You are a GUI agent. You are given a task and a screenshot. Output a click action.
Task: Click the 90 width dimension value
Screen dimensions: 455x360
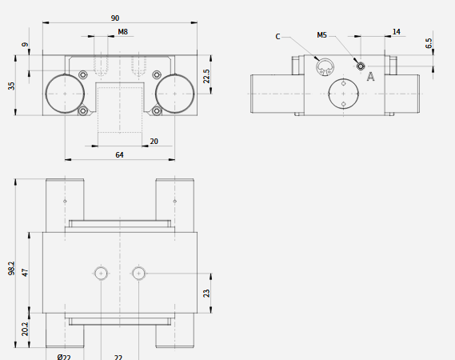tap(115, 18)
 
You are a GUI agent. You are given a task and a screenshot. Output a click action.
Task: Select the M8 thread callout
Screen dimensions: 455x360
tap(122, 32)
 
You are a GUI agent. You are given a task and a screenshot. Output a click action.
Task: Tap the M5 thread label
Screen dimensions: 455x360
tap(321, 35)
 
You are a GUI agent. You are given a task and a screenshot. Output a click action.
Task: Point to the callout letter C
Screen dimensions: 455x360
tap(277, 37)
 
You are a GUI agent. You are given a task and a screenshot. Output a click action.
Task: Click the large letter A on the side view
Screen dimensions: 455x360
tap(370, 77)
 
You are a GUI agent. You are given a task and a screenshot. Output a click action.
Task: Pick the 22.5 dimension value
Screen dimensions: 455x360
tap(206, 76)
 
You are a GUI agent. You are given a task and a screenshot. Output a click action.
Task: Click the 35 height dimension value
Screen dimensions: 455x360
tap(11, 86)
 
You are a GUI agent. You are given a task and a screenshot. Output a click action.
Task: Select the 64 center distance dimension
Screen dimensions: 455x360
tap(119, 155)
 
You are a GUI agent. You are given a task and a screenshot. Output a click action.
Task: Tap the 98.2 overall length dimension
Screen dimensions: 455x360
tap(11, 268)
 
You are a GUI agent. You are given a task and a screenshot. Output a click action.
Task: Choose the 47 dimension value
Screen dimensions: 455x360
tap(26, 273)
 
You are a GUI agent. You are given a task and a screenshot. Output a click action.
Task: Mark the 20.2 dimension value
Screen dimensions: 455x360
tap(26, 329)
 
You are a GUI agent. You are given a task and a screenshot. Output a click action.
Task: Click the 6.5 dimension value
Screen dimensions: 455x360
tap(429, 43)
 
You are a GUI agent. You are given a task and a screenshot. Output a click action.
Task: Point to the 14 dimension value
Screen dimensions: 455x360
tap(396, 32)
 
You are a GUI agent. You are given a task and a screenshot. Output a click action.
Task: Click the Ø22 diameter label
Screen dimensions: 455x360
tap(64, 357)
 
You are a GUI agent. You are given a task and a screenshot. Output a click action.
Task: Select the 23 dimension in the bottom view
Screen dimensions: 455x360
tap(206, 294)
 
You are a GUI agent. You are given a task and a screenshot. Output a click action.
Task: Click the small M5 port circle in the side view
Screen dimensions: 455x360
tap(361, 66)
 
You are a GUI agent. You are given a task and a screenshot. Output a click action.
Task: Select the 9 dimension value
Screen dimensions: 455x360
tap(26, 45)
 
